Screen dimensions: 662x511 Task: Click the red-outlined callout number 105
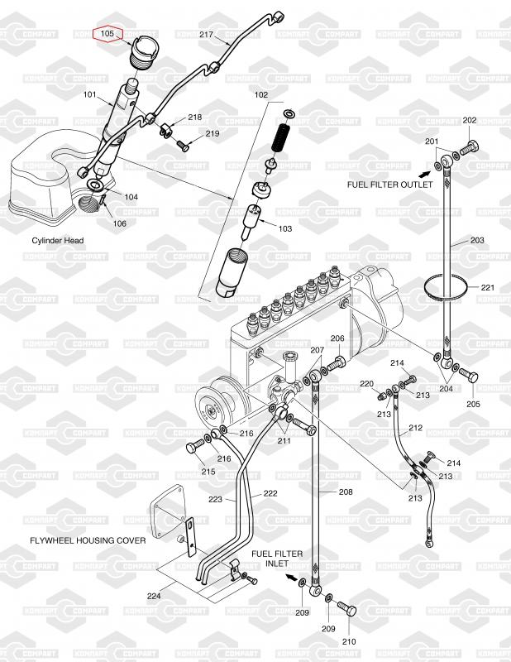pyautogui.click(x=107, y=34)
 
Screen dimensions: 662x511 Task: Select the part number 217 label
pyautogui.click(x=207, y=35)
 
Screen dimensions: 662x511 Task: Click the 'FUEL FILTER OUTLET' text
pyautogui.click(x=382, y=185)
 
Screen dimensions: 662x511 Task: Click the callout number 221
pyautogui.click(x=487, y=287)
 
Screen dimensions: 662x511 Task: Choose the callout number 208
pyautogui.click(x=345, y=492)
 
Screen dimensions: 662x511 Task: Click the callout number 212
pyautogui.click(x=415, y=428)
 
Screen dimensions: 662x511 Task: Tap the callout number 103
pyautogui.click(x=285, y=228)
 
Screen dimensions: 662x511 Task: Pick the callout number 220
pyautogui.click(x=366, y=384)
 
